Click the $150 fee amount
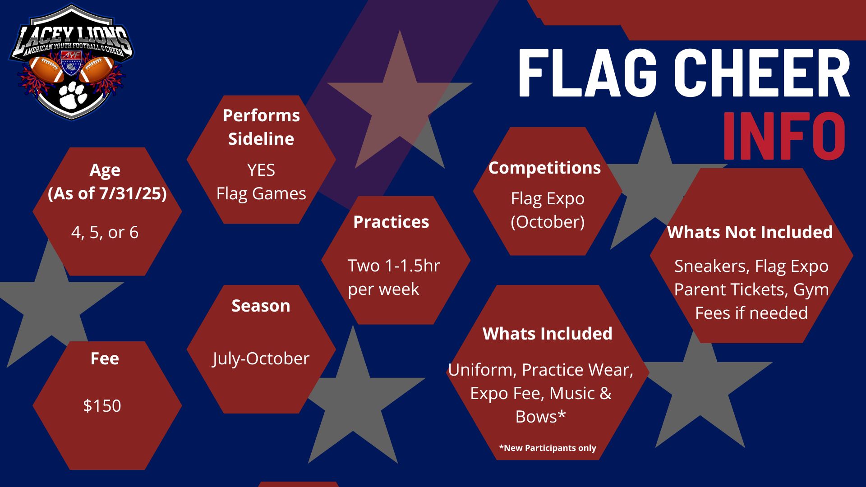pyautogui.click(x=102, y=406)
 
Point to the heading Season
pyautogui.click(x=261, y=306)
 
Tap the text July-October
pyautogui.click(x=261, y=359)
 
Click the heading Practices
pyautogui.click(x=391, y=222)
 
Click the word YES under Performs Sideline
pyautogui.click(x=261, y=170)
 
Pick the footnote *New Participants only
pyautogui.click(x=548, y=448)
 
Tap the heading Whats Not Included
pyautogui.click(x=750, y=232)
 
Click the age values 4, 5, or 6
pyautogui.click(x=105, y=233)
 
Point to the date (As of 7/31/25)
pyautogui.click(x=107, y=194)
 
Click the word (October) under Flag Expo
pyautogui.click(x=548, y=222)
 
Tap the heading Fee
pyautogui.click(x=105, y=358)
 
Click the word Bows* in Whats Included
pyautogui.click(x=540, y=417)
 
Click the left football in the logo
pyautogui.click(x=46, y=69)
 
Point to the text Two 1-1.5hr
pyautogui.click(x=393, y=266)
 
